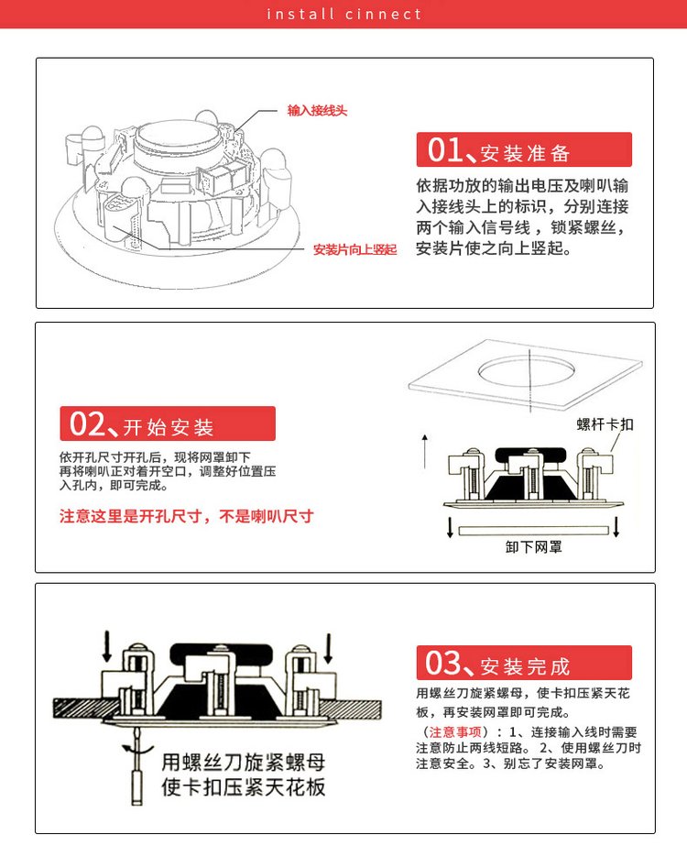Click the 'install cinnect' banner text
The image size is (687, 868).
click(x=344, y=14)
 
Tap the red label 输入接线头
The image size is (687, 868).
click(x=317, y=111)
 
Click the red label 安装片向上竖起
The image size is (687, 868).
click(x=355, y=249)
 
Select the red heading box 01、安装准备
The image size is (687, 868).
click(x=524, y=149)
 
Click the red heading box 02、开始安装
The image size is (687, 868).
click(x=168, y=423)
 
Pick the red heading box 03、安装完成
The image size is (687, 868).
click(x=524, y=663)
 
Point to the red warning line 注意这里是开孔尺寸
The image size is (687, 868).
click(x=187, y=516)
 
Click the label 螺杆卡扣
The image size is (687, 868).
click(x=605, y=424)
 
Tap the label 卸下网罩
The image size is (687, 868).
click(x=533, y=547)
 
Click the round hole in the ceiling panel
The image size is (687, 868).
click(x=526, y=371)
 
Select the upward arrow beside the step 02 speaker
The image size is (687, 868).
click(x=425, y=451)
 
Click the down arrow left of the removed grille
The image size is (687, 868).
click(x=450, y=527)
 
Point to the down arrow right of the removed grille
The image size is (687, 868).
click(x=616, y=527)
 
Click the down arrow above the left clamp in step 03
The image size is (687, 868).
click(x=107, y=646)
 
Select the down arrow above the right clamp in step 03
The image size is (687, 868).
click(x=329, y=649)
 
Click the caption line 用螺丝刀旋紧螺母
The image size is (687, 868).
click(x=244, y=763)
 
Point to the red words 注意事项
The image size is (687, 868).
click(x=455, y=732)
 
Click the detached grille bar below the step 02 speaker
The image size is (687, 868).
click(x=533, y=531)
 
